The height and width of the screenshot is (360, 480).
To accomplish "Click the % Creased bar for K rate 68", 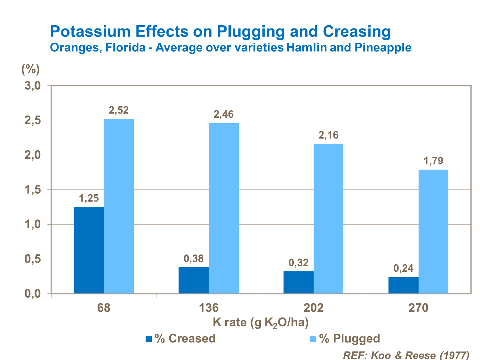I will (89, 250).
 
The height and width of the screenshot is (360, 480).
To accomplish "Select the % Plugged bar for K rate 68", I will (119, 206).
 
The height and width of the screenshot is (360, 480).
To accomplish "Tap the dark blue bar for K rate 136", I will (194, 280).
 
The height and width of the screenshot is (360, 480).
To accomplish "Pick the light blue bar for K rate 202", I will (328, 219).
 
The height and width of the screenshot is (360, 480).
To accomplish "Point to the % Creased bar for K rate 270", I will (403, 285).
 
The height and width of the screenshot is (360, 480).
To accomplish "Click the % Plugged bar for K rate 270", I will (433, 232).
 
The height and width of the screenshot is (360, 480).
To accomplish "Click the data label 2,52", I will (119, 110).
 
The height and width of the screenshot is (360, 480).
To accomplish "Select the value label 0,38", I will (194, 258).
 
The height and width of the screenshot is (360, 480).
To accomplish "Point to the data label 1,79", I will (433, 161).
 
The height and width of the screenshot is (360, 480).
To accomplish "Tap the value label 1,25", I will (89, 198).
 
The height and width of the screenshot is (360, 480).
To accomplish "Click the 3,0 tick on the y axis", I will (33, 86).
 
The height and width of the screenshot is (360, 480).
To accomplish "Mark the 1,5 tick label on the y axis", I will (33, 190).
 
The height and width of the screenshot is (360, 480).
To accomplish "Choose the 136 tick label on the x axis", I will (209, 308).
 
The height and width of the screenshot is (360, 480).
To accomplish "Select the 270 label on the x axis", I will (418, 308).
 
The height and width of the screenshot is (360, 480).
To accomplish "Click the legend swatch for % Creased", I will (148, 339).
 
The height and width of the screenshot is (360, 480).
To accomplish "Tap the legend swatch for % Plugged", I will (313, 339).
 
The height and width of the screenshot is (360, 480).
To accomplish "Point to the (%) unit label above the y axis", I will (30, 68).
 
